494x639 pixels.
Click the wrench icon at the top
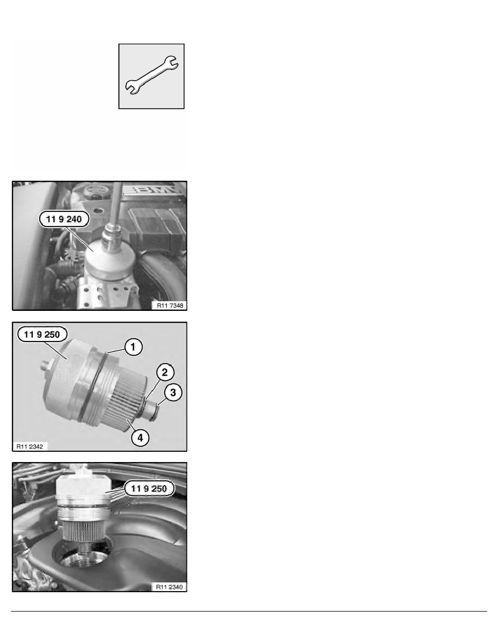(x=151, y=75)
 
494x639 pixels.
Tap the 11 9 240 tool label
(x=64, y=219)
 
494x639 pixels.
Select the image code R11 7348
(x=170, y=305)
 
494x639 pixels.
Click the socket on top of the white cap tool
(x=112, y=237)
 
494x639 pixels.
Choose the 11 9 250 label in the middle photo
(x=42, y=335)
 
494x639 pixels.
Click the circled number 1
(x=133, y=347)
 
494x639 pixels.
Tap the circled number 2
(x=165, y=372)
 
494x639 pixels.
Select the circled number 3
(x=173, y=393)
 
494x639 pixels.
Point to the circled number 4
(x=140, y=438)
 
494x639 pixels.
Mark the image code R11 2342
(x=30, y=446)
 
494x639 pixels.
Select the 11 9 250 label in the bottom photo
(x=149, y=488)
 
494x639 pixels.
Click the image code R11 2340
(x=170, y=587)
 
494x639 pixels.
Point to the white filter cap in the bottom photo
(x=83, y=489)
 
